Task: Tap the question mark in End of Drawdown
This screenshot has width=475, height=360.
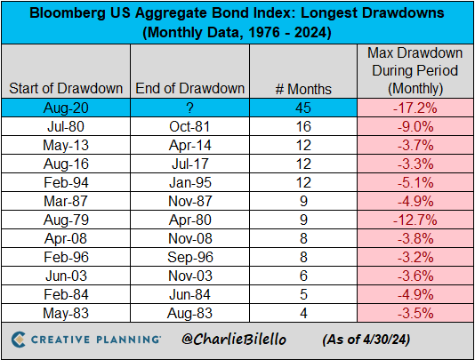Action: click(189, 108)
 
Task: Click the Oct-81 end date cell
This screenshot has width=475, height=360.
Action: click(189, 126)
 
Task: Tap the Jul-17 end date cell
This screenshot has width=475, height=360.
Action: click(189, 164)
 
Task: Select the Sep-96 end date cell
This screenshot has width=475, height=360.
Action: click(189, 258)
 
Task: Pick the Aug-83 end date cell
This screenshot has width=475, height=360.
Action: click(189, 314)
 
